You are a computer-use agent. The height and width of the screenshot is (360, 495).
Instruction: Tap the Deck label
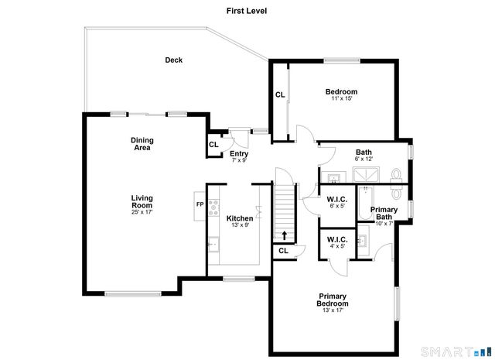click(x=173, y=60)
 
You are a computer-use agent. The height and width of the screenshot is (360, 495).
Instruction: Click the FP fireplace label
click(x=199, y=204)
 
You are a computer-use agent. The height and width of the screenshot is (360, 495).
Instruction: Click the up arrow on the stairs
click(x=284, y=235)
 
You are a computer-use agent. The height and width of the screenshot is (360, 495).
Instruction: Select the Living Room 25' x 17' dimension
click(x=142, y=211)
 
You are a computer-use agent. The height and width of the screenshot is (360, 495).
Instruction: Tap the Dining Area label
click(x=142, y=143)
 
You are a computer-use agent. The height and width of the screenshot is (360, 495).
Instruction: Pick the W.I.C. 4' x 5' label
click(x=337, y=244)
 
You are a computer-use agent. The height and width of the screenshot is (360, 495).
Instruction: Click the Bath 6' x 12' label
click(x=364, y=155)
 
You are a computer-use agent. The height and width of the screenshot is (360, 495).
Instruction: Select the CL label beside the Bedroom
click(x=280, y=95)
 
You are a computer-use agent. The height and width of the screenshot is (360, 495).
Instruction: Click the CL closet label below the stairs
click(x=283, y=250)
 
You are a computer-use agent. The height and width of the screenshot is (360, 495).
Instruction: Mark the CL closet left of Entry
click(x=213, y=145)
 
